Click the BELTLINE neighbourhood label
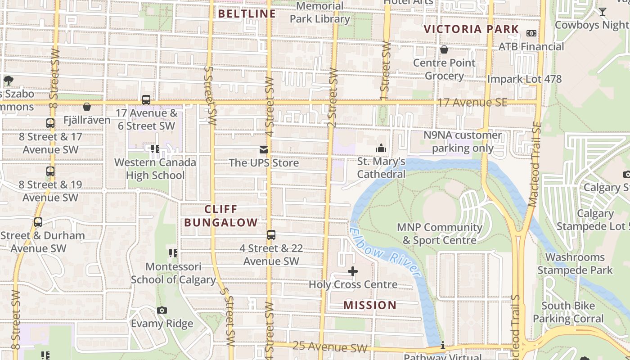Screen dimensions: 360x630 247,13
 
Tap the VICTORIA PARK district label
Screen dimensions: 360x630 471,29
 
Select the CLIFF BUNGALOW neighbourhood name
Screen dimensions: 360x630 221,216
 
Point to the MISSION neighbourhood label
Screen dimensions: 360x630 370,305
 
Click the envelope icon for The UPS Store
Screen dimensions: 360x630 263,149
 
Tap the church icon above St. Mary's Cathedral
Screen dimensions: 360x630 381,148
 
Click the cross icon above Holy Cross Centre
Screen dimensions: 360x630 353,271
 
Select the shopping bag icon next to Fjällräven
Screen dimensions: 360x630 87,107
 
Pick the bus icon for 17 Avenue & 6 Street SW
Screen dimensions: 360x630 146,99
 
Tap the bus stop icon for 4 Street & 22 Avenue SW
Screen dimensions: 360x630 271,234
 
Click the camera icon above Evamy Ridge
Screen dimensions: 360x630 162,310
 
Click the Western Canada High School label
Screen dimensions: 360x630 155,169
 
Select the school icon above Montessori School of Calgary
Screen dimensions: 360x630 173,253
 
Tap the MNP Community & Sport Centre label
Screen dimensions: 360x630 439,234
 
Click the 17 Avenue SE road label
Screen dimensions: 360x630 472,103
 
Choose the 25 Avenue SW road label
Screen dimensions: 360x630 329,346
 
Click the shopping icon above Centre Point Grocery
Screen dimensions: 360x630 444,49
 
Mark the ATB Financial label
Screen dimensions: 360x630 531,47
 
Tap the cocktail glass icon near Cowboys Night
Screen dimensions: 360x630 602,12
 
